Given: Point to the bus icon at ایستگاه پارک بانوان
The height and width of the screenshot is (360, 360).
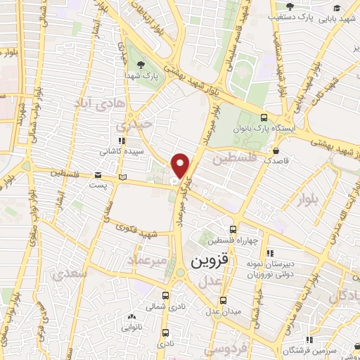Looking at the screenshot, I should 264,118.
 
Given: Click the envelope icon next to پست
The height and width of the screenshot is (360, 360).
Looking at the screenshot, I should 98,175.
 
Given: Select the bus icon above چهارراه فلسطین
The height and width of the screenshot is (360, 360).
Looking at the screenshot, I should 233,230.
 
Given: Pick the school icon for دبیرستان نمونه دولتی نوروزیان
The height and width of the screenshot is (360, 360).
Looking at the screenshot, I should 268,255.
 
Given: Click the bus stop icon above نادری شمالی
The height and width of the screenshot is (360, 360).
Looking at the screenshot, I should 165,296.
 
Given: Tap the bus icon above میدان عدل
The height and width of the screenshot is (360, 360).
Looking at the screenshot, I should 223,301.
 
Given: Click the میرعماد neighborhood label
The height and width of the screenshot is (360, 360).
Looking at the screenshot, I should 147,261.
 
